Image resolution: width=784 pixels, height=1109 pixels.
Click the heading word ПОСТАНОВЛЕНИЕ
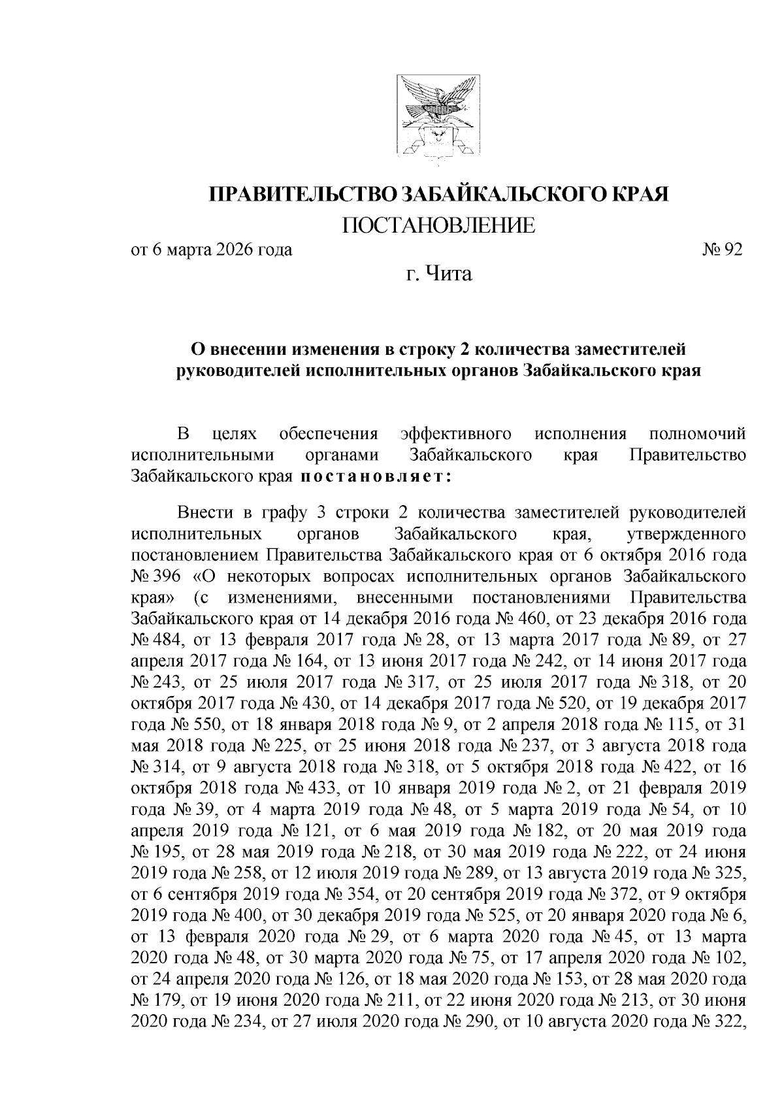coord(438,225)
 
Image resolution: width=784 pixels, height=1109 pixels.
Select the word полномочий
coord(698,434)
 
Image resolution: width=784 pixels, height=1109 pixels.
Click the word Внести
coord(197,513)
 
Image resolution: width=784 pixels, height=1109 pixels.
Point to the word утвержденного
coord(686,534)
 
